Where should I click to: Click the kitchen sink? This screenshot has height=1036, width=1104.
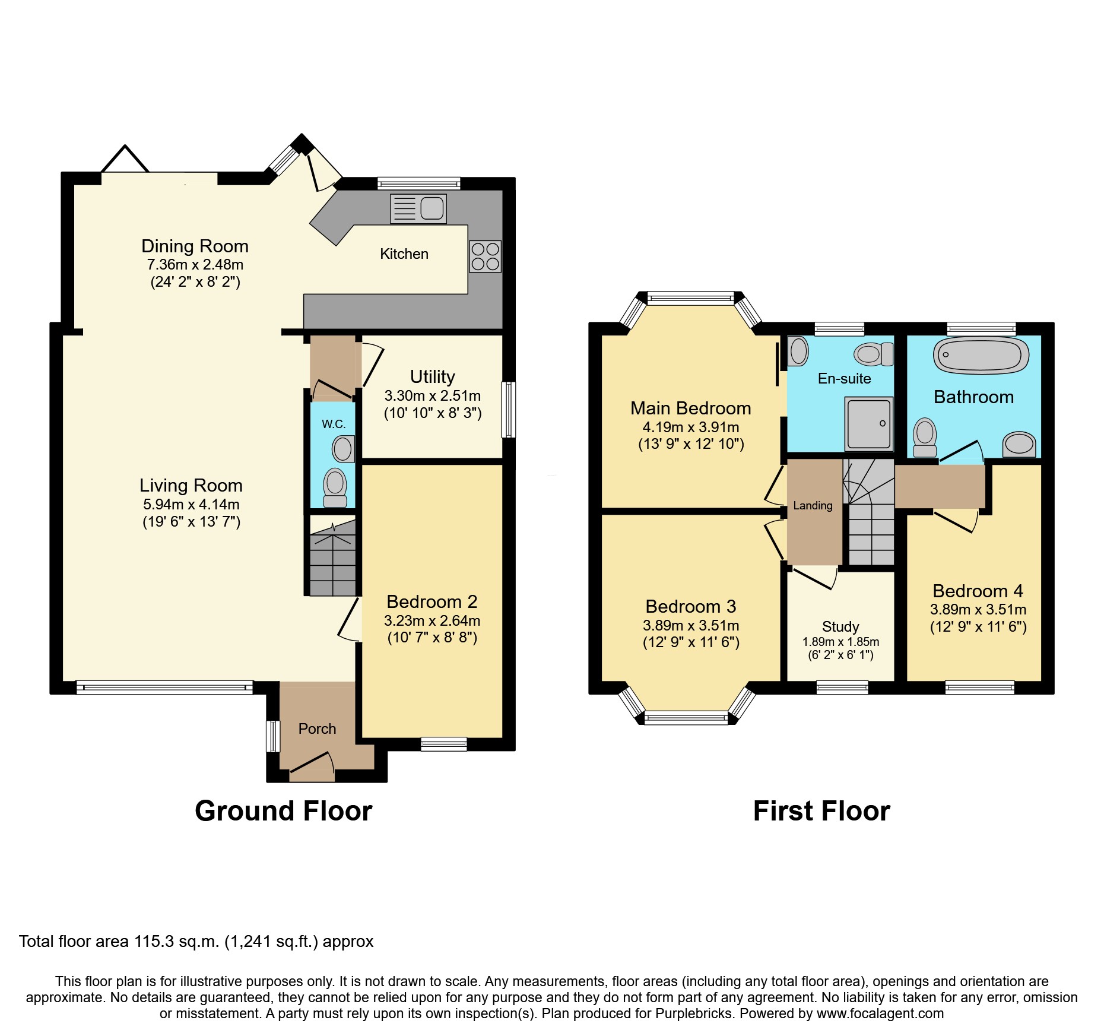point(418,209)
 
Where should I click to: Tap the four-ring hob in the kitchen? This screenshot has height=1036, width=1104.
point(485,256)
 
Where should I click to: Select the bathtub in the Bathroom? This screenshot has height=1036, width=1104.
point(981,356)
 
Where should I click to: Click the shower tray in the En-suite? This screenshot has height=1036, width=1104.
point(869,423)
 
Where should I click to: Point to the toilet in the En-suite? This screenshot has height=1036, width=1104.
point(874,354)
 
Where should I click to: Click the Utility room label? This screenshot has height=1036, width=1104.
point(433,377)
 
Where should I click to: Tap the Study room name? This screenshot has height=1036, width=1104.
point(840,627)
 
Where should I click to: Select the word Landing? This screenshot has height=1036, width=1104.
point(813,506)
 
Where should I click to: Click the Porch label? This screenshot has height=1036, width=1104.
point(317,729)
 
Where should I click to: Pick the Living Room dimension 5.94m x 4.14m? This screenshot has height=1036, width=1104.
point(191,505)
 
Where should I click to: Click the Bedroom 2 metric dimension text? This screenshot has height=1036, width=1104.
point(432,621)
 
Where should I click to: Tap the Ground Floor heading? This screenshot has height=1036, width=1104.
point(284,811)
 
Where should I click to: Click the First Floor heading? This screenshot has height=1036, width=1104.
point(821,811)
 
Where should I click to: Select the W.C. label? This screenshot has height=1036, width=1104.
point(334,424)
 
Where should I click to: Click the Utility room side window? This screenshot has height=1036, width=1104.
point(509,410)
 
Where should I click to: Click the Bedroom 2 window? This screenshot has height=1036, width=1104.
point(444,744)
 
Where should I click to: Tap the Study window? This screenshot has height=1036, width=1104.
point(842,688)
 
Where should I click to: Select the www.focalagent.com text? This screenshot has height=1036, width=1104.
point(880,1013)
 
